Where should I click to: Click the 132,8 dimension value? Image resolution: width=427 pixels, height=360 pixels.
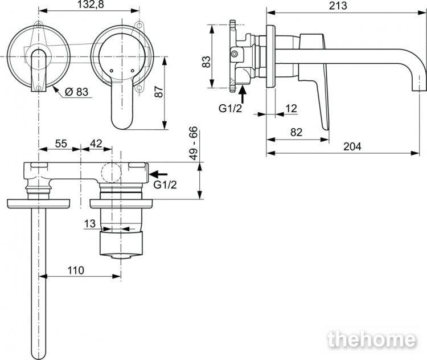click(x=90, y=5)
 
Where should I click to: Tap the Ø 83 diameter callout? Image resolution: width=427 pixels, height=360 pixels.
click(x=76, y=92)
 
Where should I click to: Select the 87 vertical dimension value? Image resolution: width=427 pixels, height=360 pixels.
click(x=158, y=92)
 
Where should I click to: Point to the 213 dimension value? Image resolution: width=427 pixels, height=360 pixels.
click(x=338, y=6)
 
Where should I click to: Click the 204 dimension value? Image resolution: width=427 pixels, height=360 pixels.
click(x=352, y=146)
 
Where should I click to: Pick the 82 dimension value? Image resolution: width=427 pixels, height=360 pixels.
click(x=296, y=133)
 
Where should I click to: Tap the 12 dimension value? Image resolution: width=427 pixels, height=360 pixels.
click(x=291, y=109)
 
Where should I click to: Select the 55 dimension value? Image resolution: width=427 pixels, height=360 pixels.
click(x=61, y=144)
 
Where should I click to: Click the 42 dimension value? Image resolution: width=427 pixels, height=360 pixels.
click(x=96, y=144)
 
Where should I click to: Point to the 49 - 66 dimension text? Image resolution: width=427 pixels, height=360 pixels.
click(x=194, y=144)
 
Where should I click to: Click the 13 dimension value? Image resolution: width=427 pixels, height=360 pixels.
click(x=90, y=224)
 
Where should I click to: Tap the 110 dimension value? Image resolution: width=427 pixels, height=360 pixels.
click(x=76, y=271)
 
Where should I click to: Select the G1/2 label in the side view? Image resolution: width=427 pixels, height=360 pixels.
click(x=230, y=108)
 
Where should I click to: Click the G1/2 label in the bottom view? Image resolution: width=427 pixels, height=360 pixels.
click(x=165, y=185)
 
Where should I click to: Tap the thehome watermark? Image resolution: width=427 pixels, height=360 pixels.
click(x=372, y=339)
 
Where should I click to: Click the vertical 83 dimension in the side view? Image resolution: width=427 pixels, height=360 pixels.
click(x=207, y=62)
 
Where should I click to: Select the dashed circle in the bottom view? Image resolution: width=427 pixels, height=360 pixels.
click(x=111, y=173)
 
